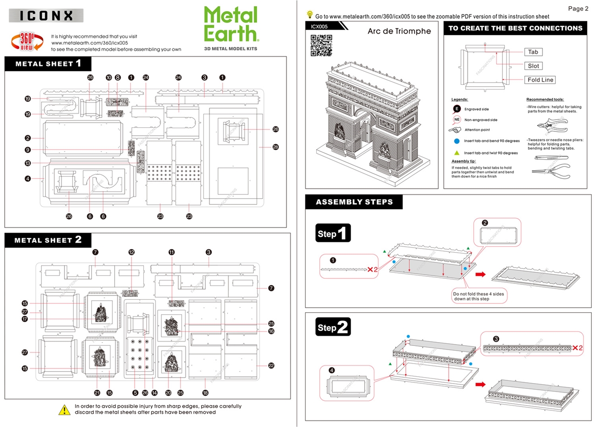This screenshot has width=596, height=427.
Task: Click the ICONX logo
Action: click(x=46, y=15)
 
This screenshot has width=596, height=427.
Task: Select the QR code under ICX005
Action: click(x=321, y=45)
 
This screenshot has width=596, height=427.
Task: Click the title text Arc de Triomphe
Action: click(x=399, y=32)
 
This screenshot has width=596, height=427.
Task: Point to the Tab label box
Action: click(x=533, y=52)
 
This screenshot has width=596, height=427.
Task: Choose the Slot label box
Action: click(x=533, y=66)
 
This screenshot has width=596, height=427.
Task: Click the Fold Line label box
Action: click(x=540, y=80)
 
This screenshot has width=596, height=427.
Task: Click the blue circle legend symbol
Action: click(x=457, y=141)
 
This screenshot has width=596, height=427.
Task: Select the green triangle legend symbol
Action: click(x=457, y=153)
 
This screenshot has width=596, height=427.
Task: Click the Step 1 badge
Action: click(x=332, y=233)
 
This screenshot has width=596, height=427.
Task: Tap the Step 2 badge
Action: click(x=332, y=327)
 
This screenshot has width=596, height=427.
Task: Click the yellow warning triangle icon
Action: click(x=64, y=410)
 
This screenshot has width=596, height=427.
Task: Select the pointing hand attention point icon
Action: click(x=455, y=130)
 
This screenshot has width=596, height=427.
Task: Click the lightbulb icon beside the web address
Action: click(x=309, y=15)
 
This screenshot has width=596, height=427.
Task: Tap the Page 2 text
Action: click(x=578, y=8)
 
